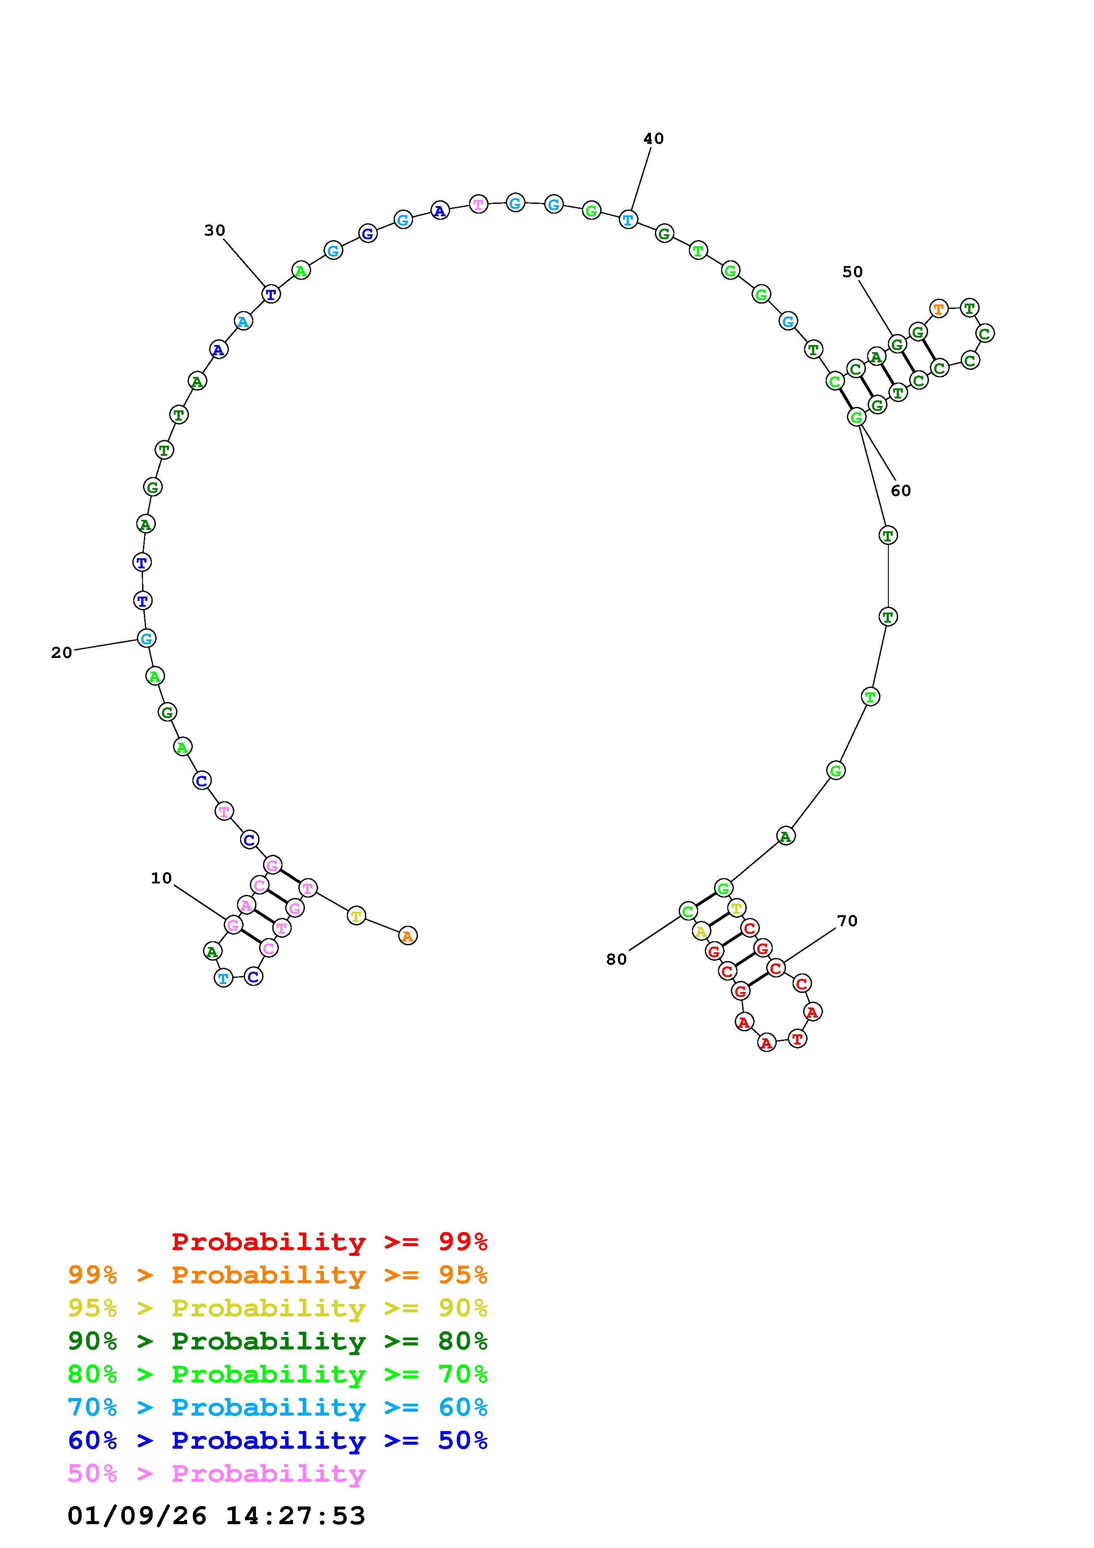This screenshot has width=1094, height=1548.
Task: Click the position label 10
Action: pos(161,878)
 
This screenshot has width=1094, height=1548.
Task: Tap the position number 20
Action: pos(61,653)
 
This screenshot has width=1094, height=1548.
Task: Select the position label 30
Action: pos(214,231)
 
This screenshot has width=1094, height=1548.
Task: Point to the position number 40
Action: pos(653,139)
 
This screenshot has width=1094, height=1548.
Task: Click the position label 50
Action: pos(852,272)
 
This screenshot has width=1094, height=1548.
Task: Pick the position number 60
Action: pos(901,491)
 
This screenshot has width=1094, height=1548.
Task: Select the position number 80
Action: pos(616,959)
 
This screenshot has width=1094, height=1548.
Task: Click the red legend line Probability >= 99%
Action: pos(330,1241)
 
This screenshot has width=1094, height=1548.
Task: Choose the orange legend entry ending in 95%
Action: pos(278,1274)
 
